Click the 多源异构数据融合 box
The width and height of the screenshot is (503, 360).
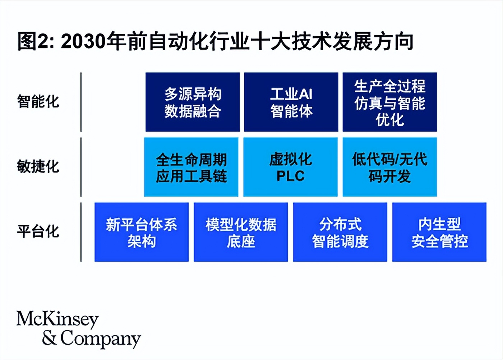pyautogui.click(x=192, y=102)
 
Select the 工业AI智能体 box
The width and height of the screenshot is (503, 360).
pyautogui.click(x=291, y=102)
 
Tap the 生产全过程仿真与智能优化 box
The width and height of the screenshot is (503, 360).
pyautogui.click(x=389, y=102)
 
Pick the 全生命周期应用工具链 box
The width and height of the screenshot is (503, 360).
pyautogui.click(x=191, y=167)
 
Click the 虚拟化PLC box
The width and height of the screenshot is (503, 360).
pyautogui.click(x=290, y=167)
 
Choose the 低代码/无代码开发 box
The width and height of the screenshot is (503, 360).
pyautogui.click(x=389, y=167)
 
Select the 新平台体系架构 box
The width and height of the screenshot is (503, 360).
pyautogui.click(x=142, y=232)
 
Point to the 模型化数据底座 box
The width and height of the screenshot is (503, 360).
pyautogui.click(x=241, y=232)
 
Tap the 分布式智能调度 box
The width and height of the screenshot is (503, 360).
pyautogui.click(x=340, y=232)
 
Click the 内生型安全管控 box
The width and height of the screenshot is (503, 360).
pyautogui.click(x=439, y=232)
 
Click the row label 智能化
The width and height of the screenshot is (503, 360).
pyautogui.click(x=38, y=101)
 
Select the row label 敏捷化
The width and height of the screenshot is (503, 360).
pyautogui.click(x=38, y=166)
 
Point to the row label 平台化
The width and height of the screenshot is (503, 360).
pyautogui.click(x=38, y=231)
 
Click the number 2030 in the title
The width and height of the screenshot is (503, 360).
pyautogui.click(x=84, y=42)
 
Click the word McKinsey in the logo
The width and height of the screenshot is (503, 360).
pyautogui.click(x=57, y=319)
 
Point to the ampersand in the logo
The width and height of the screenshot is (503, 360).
pyautogui.click(x=49, y=338)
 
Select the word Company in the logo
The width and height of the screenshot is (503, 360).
pyautogui.click(x=100, y=338)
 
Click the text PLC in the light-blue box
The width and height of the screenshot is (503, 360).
pyautogui.click(x=290, y=176)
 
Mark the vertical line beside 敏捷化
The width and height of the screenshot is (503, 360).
pyautogui.click(x=81, y=167)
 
